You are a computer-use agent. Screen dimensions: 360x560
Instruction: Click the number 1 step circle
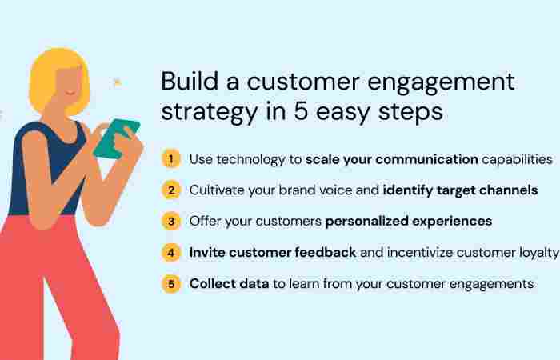(170, 158)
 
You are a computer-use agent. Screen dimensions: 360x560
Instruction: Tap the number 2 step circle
(170, 190)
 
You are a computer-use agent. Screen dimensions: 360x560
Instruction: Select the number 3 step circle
(170, 221)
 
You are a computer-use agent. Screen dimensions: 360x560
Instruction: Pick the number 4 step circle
(170, 252)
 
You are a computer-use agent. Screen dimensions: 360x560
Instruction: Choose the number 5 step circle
(170, 283)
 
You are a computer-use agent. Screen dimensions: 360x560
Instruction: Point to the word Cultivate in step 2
(216, 190)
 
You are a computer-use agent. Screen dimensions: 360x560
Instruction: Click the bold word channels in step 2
(508, 190)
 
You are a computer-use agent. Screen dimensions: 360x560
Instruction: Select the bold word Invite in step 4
(206, 252)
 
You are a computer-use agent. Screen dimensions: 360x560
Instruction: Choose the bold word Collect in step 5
(211, 283)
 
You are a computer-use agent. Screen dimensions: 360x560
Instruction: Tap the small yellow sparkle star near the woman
(118, 81)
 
